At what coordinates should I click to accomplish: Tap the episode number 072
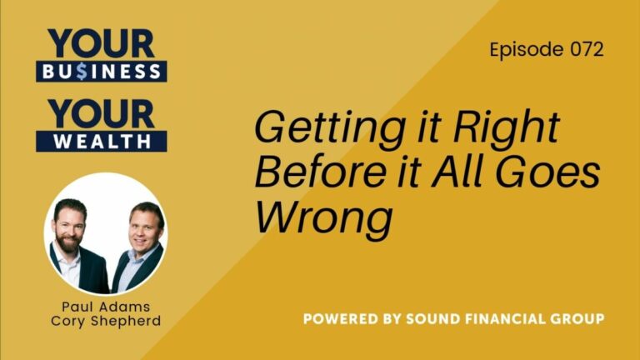point(583,49)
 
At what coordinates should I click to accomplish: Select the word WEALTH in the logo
point(102,140)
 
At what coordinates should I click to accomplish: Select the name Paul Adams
point(105,307)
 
